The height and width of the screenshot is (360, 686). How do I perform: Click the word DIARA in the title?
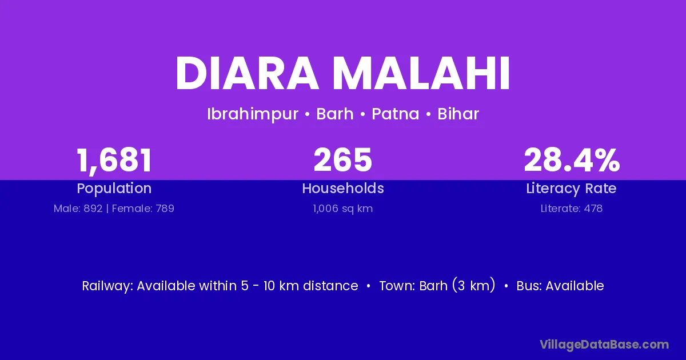click(x=247, y=73)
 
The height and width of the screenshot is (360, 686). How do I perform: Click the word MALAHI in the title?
click(x=421, y=73)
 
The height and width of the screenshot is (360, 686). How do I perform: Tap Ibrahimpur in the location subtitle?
click(x=253, y=114)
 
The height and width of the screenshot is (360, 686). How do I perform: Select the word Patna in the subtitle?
click(x=396, y=114)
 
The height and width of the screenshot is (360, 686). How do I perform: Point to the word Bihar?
click(x=458, y=114)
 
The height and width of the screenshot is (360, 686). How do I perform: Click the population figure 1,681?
click(x=114, y=161)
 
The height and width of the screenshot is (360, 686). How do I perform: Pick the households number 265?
click(x=342, y=160)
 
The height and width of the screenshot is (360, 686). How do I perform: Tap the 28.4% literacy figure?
click(x=572, y=160)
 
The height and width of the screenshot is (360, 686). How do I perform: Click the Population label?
click(x=114, y=189)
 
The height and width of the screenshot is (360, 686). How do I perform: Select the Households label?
click(x=343, y=188)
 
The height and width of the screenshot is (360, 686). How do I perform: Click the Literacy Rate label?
click(x=572, y=189)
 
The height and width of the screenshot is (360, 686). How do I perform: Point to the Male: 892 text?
click(x=78, y=209)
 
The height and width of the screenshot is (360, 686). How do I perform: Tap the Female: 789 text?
click(x=143, y=209)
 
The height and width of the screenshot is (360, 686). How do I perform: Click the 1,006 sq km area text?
click(x=343, y=209)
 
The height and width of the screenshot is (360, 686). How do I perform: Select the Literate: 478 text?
click(x=572, y=209)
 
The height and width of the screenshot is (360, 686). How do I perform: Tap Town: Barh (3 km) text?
click(x=437, y=286)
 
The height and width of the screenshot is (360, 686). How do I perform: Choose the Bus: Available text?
click(x=560, y=286)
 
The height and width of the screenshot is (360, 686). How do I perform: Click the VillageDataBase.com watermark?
click(x=604, y=345)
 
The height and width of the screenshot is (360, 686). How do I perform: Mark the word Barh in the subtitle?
click(x=335, y=114)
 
